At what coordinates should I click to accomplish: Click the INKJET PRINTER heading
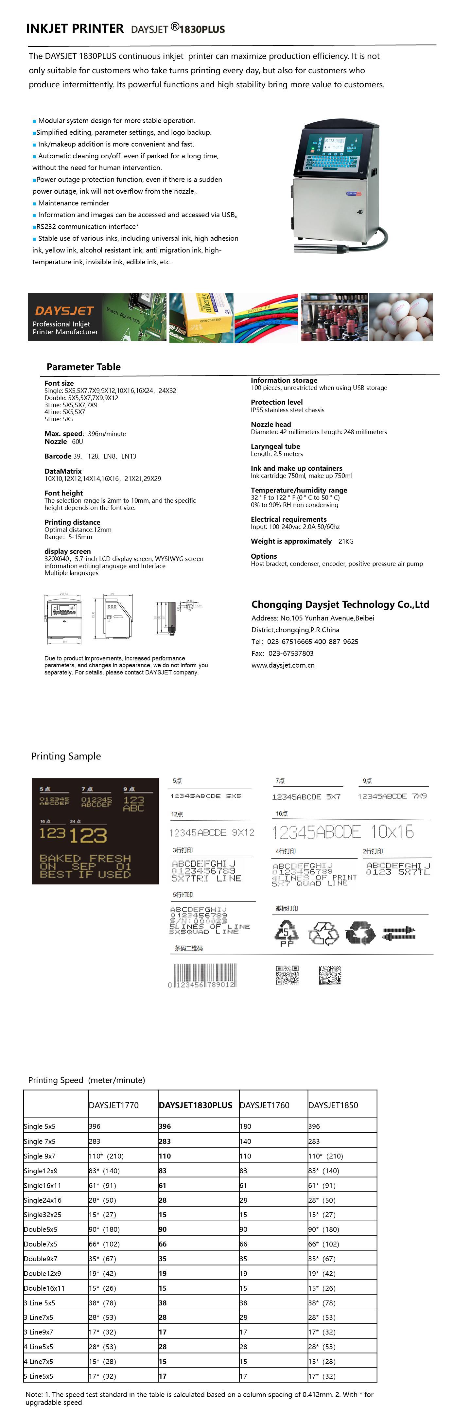coord(75,28)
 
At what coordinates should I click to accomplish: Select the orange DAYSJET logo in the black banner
coord(64,310)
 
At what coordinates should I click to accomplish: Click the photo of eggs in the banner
coord(401,317)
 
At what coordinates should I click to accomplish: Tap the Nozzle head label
coord(271,424)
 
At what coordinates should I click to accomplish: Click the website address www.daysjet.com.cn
coord(283,665)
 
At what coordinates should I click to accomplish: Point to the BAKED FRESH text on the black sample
coord(85,858)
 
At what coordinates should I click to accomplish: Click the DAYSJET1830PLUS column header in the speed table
coord(196,1105)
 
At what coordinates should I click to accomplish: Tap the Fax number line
coord(282,653)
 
